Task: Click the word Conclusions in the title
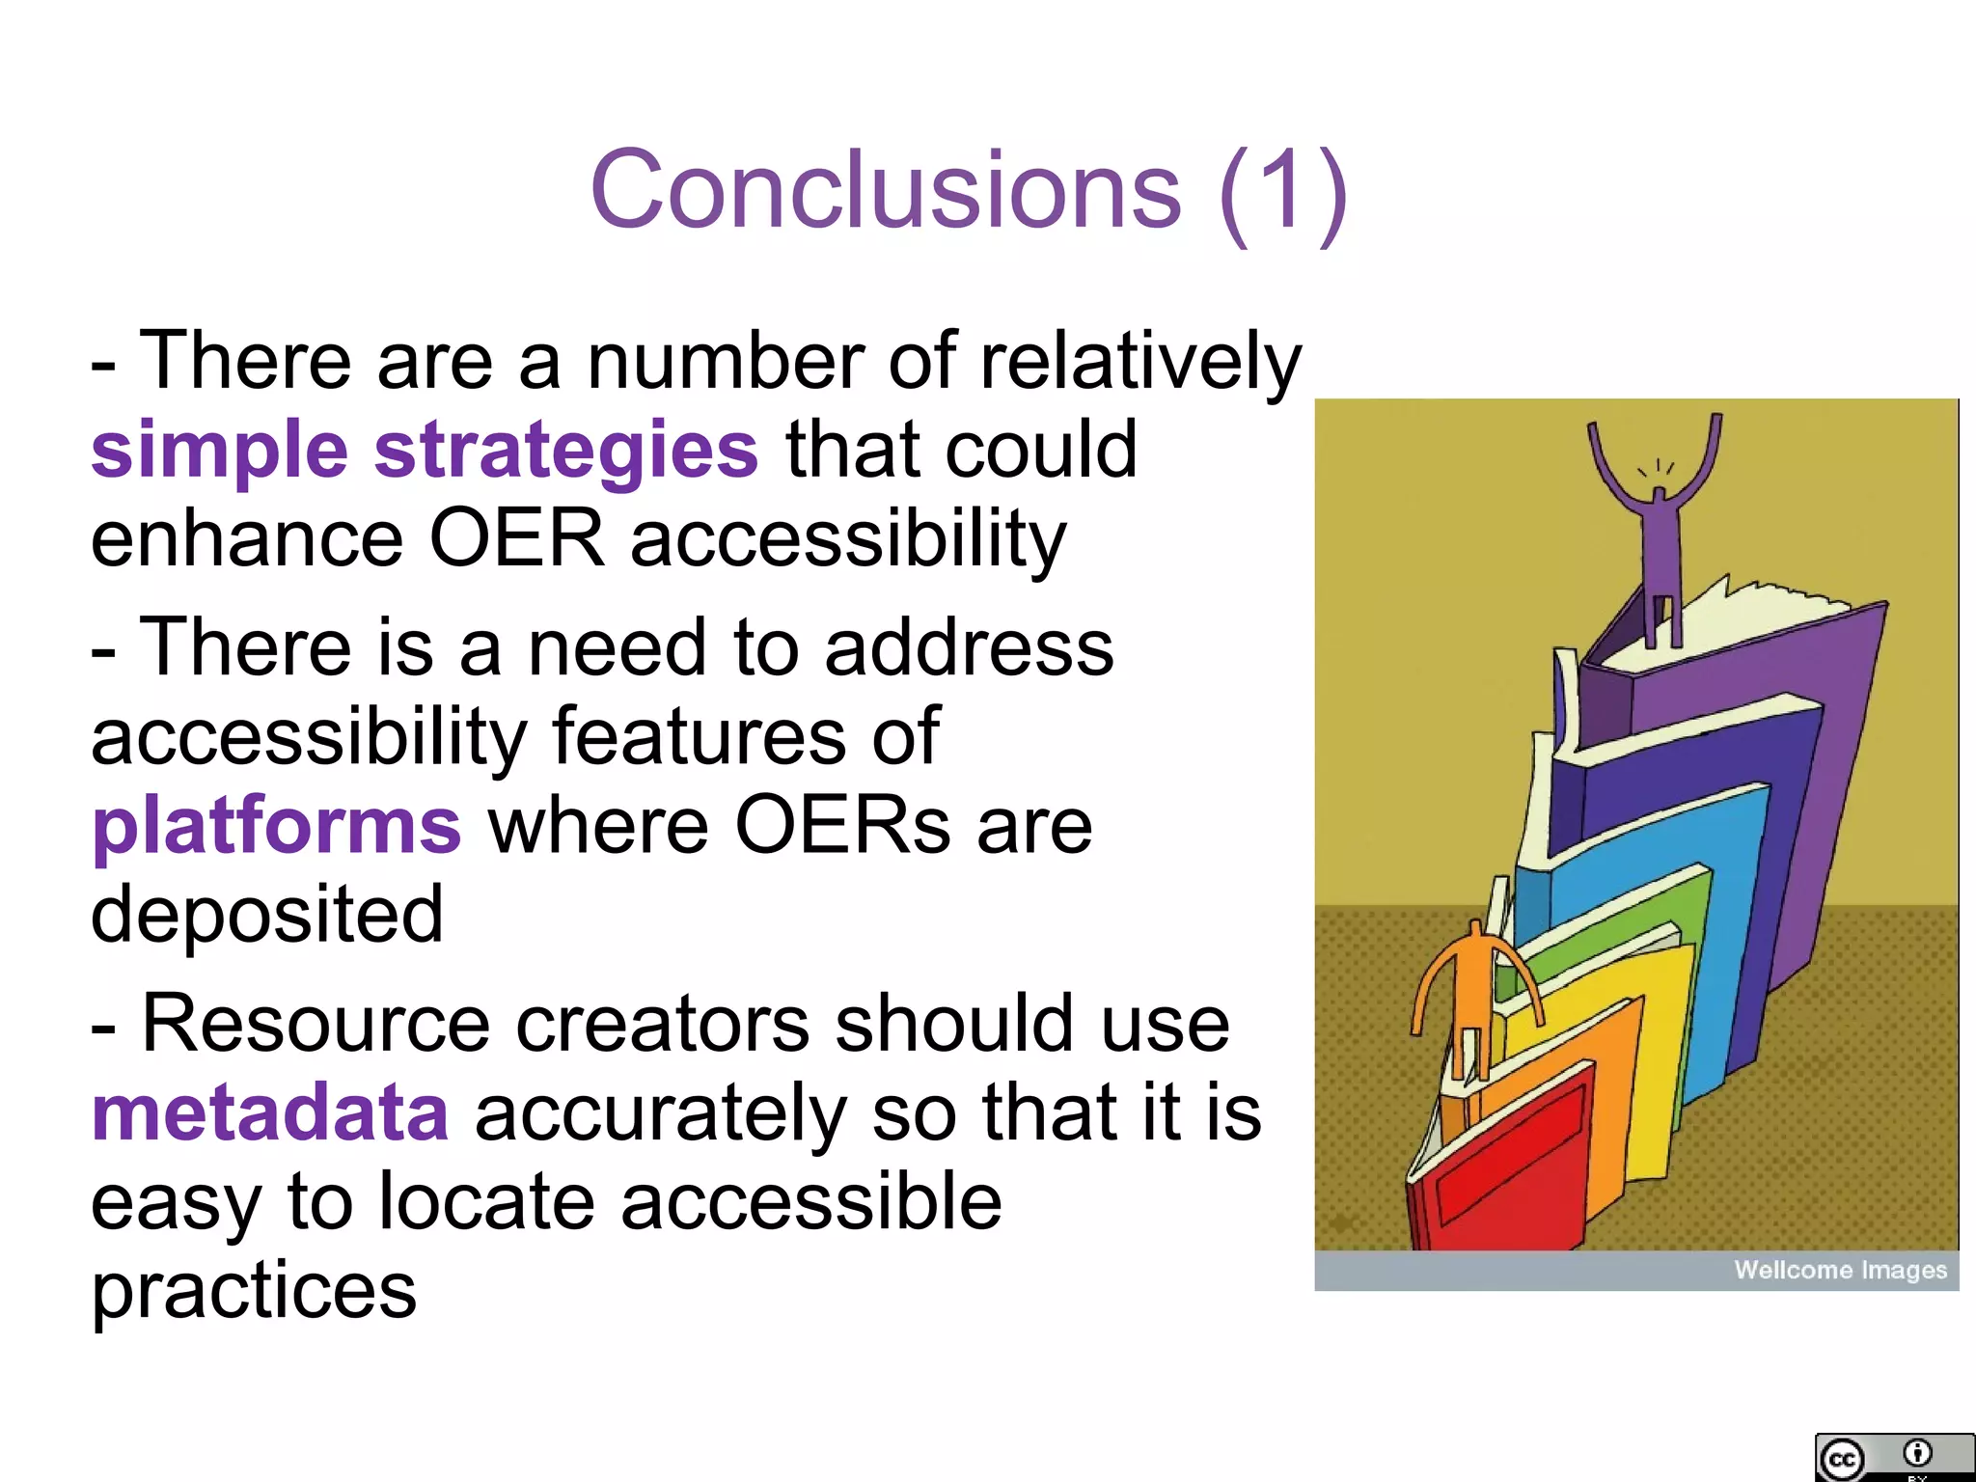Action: tap(885, 190)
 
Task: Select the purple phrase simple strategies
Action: tap(425, 450)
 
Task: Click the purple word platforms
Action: tap(277, 827)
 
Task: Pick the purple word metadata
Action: tap(270, 1112)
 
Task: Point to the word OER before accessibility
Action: tap(516, 538)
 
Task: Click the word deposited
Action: tap(267, 915)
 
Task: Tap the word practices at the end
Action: tap(254, 1290)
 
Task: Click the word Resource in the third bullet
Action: tap(316, 1024)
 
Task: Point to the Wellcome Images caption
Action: tap(1840, 1270)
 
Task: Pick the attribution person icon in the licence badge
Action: tap(1917, 1453)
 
